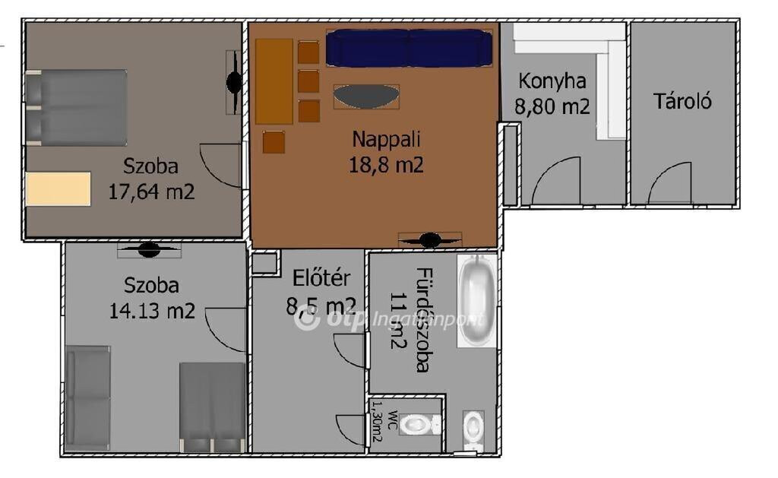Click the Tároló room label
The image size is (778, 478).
[682, 101]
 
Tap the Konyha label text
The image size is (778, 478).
[552, 81]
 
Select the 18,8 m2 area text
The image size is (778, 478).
[386, 165]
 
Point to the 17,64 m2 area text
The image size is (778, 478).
[151, 192]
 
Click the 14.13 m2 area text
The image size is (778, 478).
[152, 312]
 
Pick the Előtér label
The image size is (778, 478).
[321, 278]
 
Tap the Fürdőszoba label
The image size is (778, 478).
[422, 320]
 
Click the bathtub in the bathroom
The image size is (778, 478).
[477, 301]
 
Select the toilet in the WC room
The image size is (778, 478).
[420, 424]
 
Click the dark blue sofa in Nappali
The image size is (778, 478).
[409, 48]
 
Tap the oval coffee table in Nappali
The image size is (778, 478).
[366, 97]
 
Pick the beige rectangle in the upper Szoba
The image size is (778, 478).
[59, 188]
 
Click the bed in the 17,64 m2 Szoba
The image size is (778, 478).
[76, 108]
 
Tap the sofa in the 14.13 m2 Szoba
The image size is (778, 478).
[88, 397]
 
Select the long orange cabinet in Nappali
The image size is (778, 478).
[274, 81]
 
